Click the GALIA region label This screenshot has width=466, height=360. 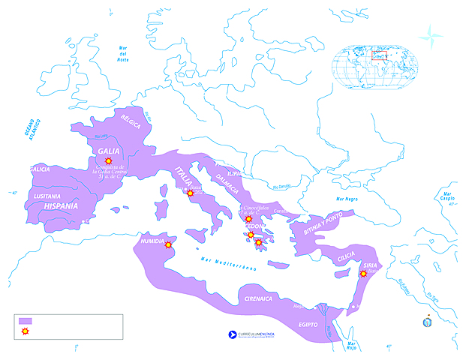(109, 150)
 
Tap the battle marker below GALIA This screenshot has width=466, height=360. (109, 161)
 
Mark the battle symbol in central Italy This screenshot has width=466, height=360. (190, 193)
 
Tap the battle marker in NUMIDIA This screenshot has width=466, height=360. (169, 244)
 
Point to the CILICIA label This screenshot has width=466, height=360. (346, 256)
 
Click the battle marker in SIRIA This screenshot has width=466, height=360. (364, 274)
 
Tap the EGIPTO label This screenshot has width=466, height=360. (307, 324)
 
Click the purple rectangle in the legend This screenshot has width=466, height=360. (26, 321)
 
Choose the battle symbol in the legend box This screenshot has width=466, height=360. (26, 331)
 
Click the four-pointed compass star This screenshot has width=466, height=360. (431, 34)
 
